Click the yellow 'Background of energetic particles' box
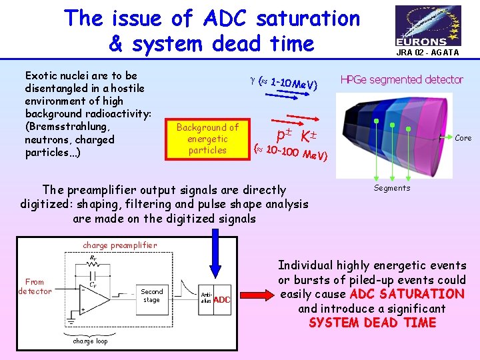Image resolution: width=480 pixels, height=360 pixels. point(207,139)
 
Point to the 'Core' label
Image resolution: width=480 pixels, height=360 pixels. point(463,138)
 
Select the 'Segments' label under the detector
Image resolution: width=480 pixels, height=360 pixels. point(392,188)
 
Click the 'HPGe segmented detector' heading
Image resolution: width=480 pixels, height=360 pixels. point(401,79)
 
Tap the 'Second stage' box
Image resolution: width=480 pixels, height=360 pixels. point(151,295)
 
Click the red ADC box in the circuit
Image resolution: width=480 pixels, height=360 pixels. point(221,300)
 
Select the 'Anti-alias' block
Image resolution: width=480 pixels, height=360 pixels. point(206,297)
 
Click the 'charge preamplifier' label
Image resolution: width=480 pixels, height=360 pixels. point(120,245)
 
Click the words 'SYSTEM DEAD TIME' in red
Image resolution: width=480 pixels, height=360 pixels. point(372,323)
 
